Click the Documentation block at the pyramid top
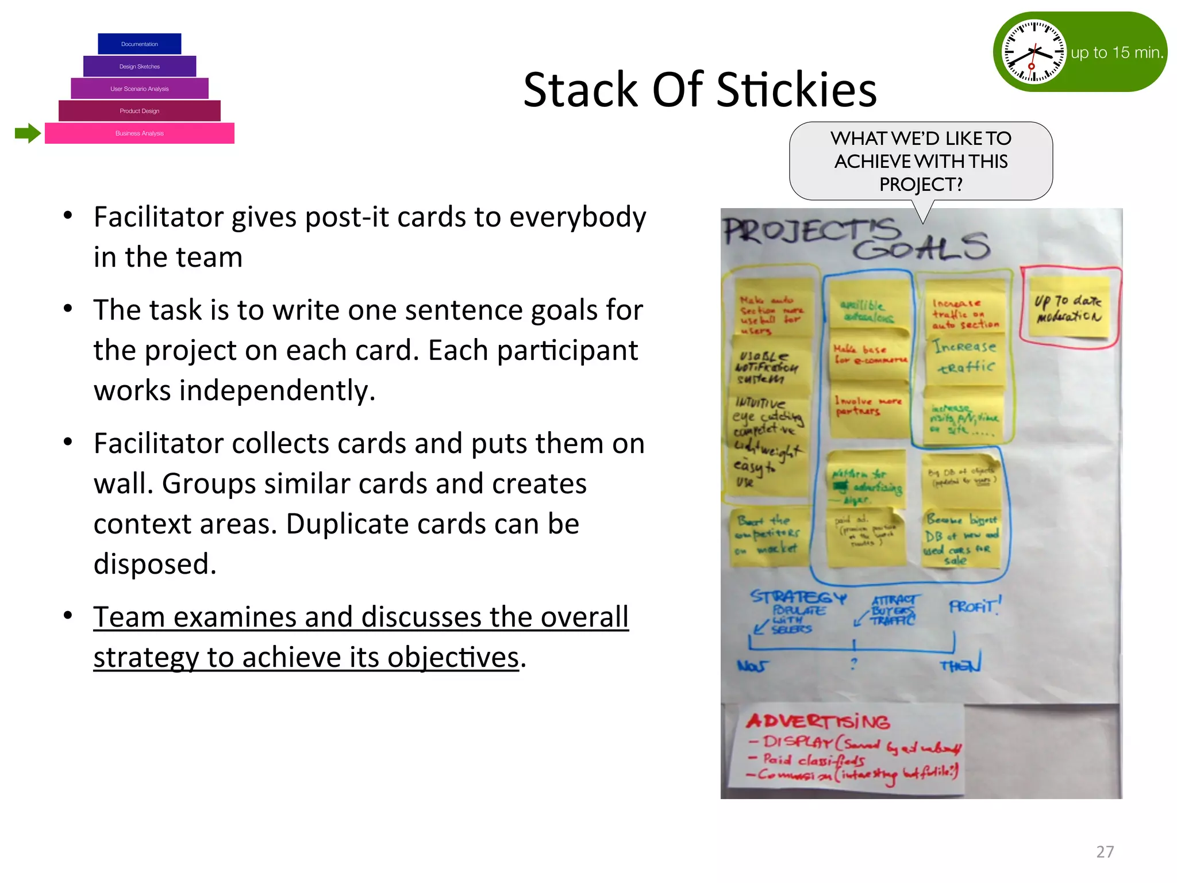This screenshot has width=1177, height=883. tap(139, 44)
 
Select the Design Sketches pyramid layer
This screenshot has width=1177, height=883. tap(139, 67)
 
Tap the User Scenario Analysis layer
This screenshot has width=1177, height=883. tap(139, 89)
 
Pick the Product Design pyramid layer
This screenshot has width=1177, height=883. tap(139, 111)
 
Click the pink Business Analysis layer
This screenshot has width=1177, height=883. tap(139, 133)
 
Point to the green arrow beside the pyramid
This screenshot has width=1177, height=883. tap(27, 133)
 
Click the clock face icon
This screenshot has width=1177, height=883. tap(1033, 52)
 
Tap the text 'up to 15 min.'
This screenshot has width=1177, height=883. tap(1117, 53)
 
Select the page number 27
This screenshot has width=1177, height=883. tap(1105, 851)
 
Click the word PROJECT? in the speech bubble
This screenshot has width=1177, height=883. tap(921, 185)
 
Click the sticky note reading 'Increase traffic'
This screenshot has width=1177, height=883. tap(965, 356)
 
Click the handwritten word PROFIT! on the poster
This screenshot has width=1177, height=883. tap(975, 606)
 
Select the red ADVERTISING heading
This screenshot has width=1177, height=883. tap(818, 721)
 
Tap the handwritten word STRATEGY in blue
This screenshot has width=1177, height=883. tap(798, 597)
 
